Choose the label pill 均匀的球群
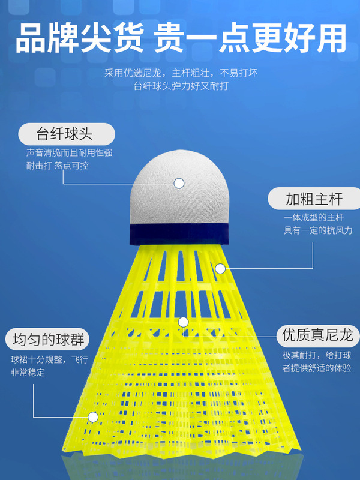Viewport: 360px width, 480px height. click(x=49, y=340)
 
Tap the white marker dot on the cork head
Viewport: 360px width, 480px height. click(x=179, y=183)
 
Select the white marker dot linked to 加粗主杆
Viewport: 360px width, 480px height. click(x=220, y=268)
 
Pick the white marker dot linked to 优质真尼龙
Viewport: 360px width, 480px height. click(x=184, y=322)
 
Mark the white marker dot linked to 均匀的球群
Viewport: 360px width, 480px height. click(x=93, y=416)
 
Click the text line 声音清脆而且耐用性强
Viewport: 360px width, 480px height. click(x=69, y=153)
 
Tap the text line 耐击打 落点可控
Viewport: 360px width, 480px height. click(x=58, y=165)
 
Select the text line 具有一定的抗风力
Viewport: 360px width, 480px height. click(x=317, y=231)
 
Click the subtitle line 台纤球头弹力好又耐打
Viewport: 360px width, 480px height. click(x=181, y=86)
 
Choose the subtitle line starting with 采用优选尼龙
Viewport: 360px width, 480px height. click(x=181, y=73)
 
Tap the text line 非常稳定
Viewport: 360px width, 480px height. click(x=28, y=373)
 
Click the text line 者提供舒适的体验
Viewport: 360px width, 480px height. click(x=317, y=368)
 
